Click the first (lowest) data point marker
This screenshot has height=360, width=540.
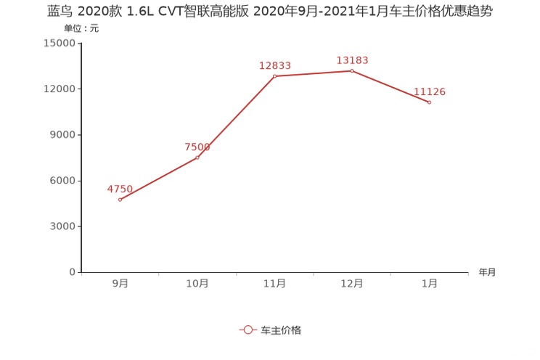coord(120,200)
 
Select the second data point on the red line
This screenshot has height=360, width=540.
coord(197,157)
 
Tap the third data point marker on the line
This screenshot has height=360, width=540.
coord(274,75)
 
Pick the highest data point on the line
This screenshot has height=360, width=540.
coord(352,70)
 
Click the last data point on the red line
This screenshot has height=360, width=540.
coord(430,102)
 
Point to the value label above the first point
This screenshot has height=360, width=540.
coord(120,189)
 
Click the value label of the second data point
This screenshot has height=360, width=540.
coord(197,147)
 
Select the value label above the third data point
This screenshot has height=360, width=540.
coord(275,65)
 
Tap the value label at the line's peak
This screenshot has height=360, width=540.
coord(352,60)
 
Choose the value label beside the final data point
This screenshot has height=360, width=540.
coord(430,92)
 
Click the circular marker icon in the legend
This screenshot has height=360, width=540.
coord(248,330)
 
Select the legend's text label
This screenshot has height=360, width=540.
coord(280,330)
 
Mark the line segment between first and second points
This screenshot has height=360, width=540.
coord(158,179)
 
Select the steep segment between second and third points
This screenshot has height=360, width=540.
coord(236,116)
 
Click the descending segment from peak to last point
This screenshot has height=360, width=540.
coord(390,86)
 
